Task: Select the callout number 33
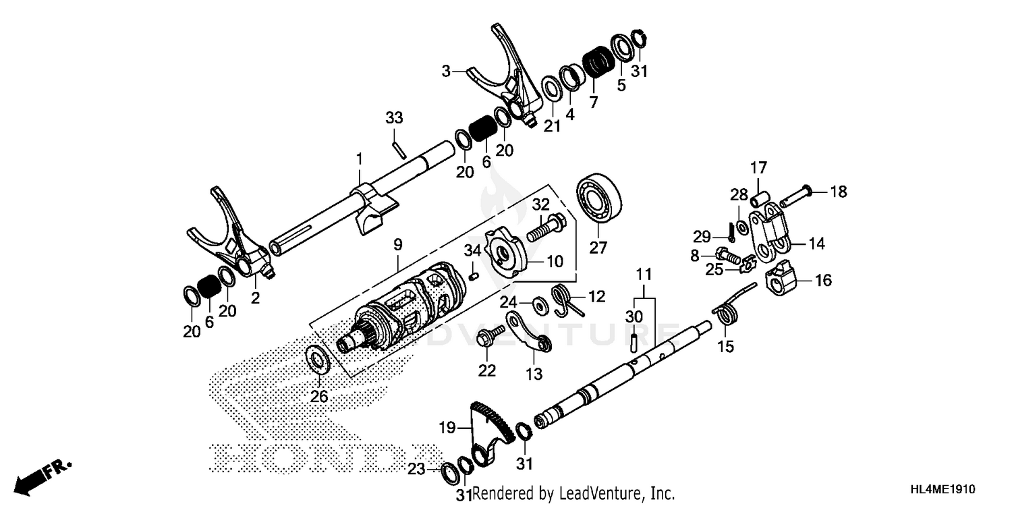click(394, 118)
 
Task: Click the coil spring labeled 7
click(595, 62)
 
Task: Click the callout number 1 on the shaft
click(360, 159)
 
